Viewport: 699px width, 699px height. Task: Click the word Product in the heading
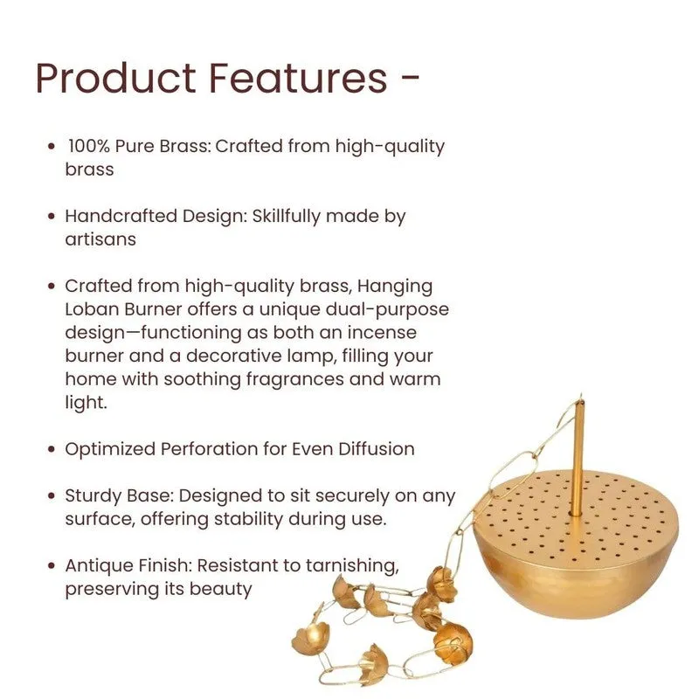coord(116,78)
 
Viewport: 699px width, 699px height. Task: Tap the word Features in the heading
coord(298,78)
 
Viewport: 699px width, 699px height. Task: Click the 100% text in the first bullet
coord(89,146)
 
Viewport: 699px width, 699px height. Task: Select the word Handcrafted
coord(121,216)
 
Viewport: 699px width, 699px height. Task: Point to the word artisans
coord(100,239)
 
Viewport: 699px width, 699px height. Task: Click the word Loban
coord(92,309)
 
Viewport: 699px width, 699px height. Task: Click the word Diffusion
coord(376,449)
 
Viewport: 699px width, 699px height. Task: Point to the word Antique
coord(99,565)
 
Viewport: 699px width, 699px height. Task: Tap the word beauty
coord(221,589)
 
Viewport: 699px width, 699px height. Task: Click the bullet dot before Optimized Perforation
coord(52,449)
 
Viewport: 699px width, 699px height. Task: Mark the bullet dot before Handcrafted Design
coord(52,216)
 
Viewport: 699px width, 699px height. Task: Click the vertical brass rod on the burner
coord(578,458)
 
